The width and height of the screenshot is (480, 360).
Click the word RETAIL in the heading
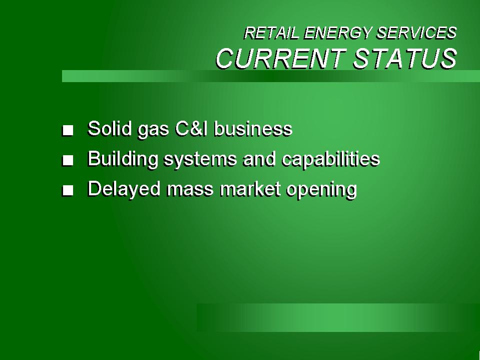271,33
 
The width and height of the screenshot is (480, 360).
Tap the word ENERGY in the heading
338,33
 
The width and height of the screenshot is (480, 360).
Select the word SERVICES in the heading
416,33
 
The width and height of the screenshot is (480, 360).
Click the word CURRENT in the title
281,59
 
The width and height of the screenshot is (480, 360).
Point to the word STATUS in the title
405,59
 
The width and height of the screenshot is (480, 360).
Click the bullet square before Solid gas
68,130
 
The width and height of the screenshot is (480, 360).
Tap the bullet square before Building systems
68,160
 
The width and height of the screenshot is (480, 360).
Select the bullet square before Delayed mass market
68,190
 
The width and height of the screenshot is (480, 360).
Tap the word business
253,129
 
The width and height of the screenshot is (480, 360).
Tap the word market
250,189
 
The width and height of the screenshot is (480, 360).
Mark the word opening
321,190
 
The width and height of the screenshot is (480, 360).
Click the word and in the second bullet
259,159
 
